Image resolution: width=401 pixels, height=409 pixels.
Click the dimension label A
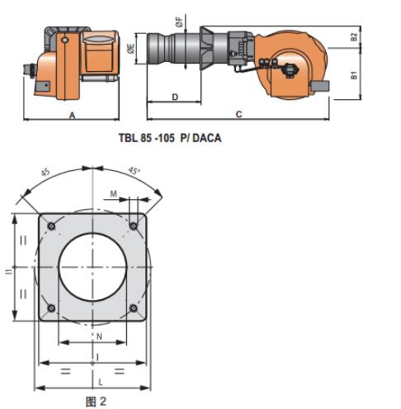[x=72, y=115]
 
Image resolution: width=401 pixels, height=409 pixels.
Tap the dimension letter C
[x=238, y=114]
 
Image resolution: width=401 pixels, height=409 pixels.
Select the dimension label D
[x=175, y=97]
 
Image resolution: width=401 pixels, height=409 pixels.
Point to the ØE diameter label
[x=131, y=49]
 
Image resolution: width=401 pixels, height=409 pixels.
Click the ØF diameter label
[x=179, y=22]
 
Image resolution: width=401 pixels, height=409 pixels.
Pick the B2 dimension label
[x=354, y=37]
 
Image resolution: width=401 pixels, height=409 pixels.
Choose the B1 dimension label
[x=354, y=75]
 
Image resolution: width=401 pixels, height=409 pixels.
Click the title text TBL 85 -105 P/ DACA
[x=170, y=138]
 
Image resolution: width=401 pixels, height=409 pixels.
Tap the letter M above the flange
[x=114, y=194]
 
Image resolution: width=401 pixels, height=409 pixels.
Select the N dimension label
[x=100, y=336]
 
